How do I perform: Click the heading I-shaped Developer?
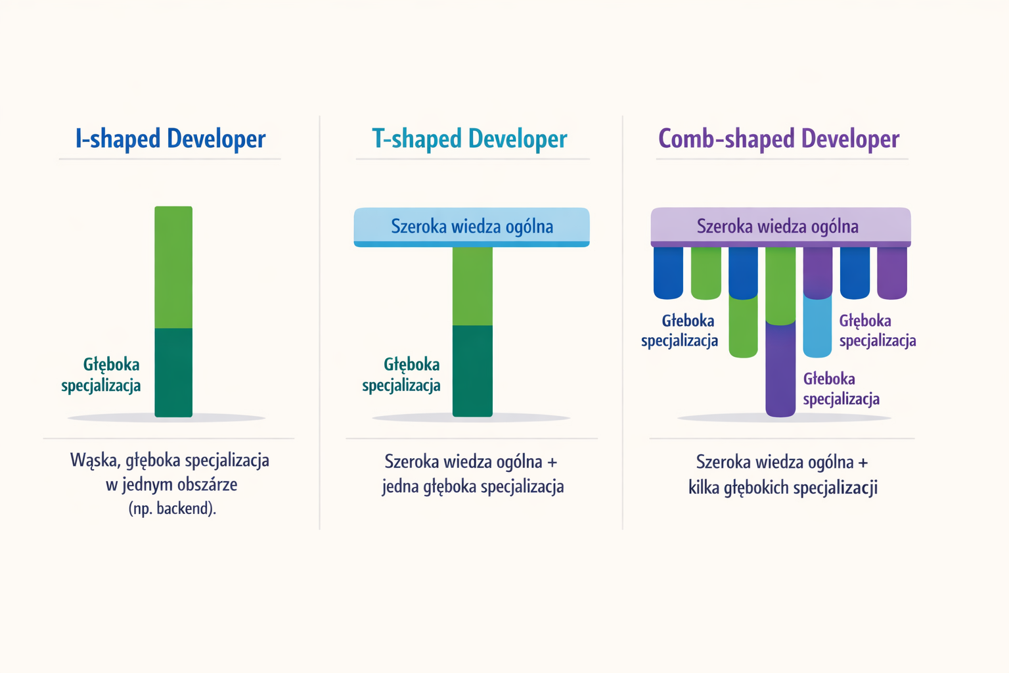pyautogui.click(x=170, y=139)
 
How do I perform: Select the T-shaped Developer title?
pyautogui.click(x=470, y=139)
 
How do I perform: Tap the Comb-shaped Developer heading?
pyautogui.click(x=778, y=139)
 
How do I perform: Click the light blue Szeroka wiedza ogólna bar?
pyautogui.click(x=472, y=227)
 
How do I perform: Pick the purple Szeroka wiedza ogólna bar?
pyautogui.click(x=780, y=227)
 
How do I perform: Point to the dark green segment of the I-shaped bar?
pyautogui.click(x=173, y=372)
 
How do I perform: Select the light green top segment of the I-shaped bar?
pyautogui.click(x=173, y=267)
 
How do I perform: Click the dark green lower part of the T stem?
pyautogui.click(x=472, y=371)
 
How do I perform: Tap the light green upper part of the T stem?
pyautogui.click(x=472, y=285)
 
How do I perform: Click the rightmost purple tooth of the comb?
pyautogui.click(x=892, y=272)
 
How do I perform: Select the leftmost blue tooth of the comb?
pyautogui.click(x=668, y=272)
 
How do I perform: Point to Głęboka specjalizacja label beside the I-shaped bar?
pyautogui.click(x=102, y=375)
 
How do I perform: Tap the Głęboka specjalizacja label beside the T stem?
pyautogui.click(x=402, y=375)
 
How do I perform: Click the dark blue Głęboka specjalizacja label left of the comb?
pyautogui.click(x=680, y=331)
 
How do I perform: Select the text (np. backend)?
pyautogui.click(x=172, y=508)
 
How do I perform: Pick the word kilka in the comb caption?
pyautogui.click(x=704, y=488)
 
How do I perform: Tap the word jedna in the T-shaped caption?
pyautogui.click(x=400, y=487)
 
